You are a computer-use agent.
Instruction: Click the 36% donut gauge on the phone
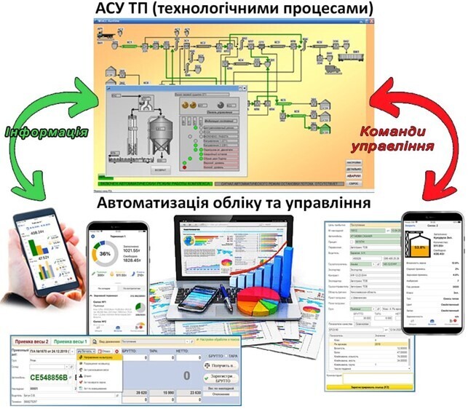pyautogui.click(x=106, y=254)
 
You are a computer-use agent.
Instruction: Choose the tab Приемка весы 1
pyautogui.click(x=71, y=341)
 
